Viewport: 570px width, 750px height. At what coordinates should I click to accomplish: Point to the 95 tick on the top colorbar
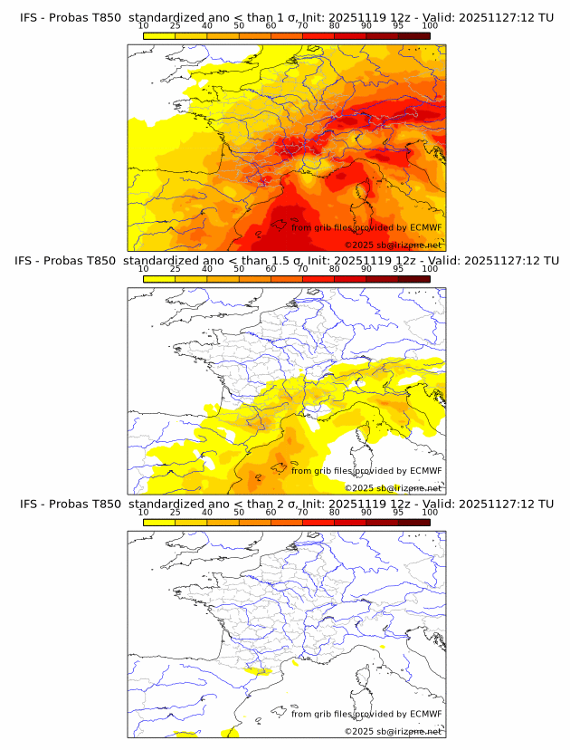point(398,26)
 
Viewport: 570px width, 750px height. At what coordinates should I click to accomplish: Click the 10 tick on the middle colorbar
point(143,269)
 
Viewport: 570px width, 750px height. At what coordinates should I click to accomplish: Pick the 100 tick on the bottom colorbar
point(430,512)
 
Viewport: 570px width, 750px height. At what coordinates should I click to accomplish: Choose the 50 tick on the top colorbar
point(239,26)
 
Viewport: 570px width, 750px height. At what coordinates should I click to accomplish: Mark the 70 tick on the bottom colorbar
point(302,512)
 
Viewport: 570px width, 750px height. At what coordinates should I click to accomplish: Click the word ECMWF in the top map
point(425,228)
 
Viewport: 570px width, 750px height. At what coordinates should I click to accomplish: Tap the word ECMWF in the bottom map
point(425,714)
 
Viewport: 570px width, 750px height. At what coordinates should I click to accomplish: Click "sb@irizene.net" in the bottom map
point(410,731)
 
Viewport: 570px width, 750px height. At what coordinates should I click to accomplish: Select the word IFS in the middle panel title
point(29,261)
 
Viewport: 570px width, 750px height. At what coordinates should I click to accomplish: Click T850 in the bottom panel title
point(107,504)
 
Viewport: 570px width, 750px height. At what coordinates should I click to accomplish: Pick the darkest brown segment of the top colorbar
point(413,35)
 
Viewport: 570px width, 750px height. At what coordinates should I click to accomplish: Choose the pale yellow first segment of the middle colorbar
point(158,278)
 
